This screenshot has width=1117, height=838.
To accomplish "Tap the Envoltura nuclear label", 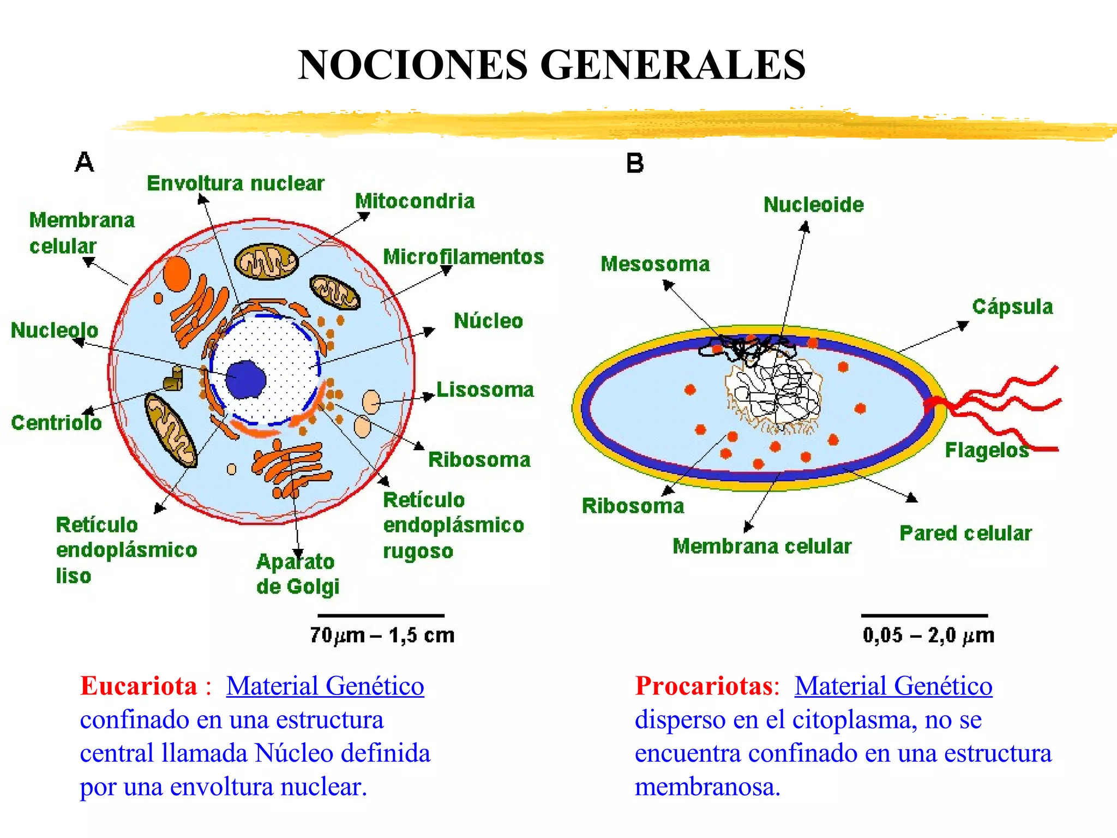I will click(236, 183).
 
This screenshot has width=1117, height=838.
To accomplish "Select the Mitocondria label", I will click(415, 201).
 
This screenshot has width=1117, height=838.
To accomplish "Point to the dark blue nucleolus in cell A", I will click(246, 379).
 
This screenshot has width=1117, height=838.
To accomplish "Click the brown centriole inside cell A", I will click(173, 379).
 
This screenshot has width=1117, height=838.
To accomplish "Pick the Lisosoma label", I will click(485, 390).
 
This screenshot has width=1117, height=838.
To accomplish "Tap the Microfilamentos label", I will click(464, 256).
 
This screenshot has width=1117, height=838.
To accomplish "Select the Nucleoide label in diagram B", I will click(813, 205).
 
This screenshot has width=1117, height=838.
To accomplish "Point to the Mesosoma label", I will click(655, 264).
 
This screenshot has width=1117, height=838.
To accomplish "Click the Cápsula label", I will click(1012, 307).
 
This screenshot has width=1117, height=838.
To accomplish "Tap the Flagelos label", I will click(986, 451).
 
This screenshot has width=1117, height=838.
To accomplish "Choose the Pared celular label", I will click(965, 533).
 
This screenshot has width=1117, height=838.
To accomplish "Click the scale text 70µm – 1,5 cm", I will click(382, 635).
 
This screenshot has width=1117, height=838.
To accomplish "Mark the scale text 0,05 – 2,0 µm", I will click(928, 635).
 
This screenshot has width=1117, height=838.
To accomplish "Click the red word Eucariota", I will click(139, 686).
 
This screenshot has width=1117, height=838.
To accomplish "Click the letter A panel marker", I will click(85, 162).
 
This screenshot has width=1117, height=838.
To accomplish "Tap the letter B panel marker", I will click(635, 163).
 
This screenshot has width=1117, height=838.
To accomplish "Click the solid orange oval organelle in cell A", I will click(177, 273).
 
